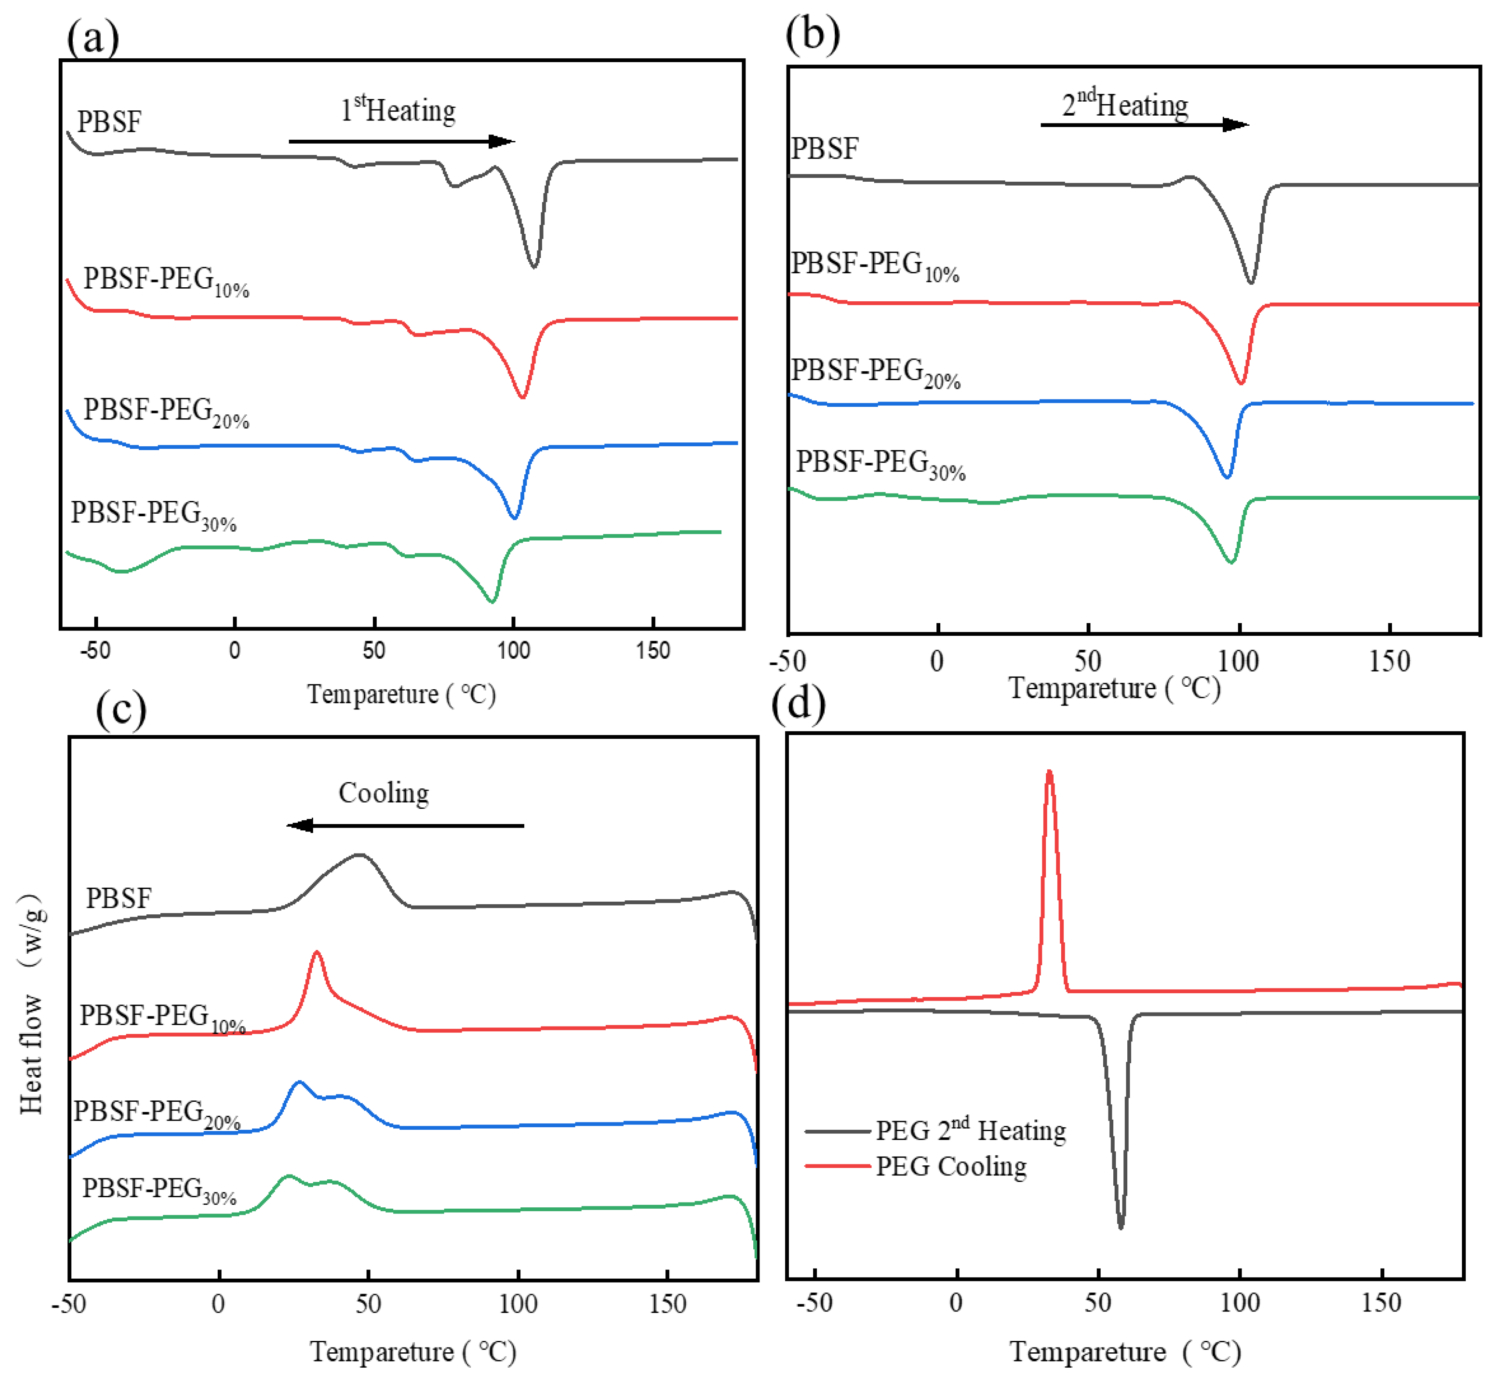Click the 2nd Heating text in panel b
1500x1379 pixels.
pos(1125,105)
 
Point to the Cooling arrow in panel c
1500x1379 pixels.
pos(405,825)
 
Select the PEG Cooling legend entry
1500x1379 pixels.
pos(950,1166)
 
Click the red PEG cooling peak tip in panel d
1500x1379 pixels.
pos(1049,772)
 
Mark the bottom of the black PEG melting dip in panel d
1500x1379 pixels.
pos(1120,1226)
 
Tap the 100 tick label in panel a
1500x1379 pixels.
pos(513,651)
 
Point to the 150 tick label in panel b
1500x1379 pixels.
pos(1389,661)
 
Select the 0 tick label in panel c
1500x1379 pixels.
pos(218,1304)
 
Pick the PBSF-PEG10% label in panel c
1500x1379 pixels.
pos(162,1018)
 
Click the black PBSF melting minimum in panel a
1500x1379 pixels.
pos(533,266)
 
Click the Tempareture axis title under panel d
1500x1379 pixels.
pos(1125,1352)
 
